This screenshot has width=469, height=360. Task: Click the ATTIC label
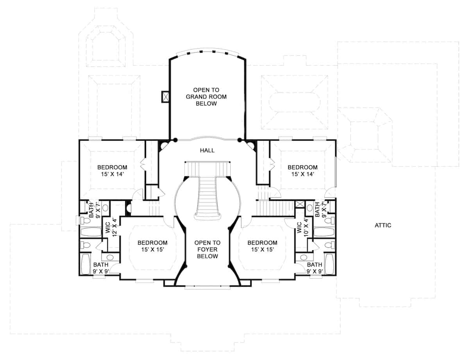coord(383,225)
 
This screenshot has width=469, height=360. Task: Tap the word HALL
coord(207,150)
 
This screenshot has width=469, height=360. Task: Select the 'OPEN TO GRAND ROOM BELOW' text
coord(206,97)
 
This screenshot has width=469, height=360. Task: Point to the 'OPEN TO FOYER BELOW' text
coord(207,249)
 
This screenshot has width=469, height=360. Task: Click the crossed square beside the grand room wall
coord(165,97)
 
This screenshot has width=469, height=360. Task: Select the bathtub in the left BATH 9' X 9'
coord(86,264)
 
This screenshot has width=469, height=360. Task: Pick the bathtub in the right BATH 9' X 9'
coord(329,264)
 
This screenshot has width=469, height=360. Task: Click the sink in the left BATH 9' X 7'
coord(105,208)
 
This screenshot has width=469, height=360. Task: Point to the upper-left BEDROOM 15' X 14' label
coord(112,171)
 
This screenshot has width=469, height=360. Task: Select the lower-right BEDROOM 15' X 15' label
coord(262,246)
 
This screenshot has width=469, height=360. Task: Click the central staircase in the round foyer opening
coord(207,195)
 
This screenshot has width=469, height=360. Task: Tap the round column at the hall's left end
coord(175,139)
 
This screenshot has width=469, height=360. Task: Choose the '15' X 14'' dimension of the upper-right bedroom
coord(303,174)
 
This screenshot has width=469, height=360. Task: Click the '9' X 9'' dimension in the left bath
coord(101,271)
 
